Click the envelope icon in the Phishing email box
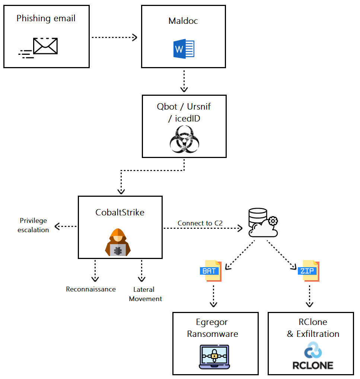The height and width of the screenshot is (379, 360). [x=45, y=46]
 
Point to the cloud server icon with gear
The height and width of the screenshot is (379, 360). [x=262, y=222]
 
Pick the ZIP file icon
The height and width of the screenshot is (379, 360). [x=308, y=271]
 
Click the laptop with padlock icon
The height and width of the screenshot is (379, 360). [x=214, y=357]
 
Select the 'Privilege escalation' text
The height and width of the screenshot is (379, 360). [x=34, y=225]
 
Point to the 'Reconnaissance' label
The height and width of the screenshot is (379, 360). [x=91, y=289]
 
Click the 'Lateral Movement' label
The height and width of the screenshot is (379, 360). [x=145, y=294]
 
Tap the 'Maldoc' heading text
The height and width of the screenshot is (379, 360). [x=183, y=21]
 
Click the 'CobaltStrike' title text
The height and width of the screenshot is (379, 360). [x=120, y=212]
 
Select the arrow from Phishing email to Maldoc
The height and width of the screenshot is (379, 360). [x=114, y=37]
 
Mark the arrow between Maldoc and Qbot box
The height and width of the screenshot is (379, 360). [x=184, y=81]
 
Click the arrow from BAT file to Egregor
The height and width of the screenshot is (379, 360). [x=213, y=296]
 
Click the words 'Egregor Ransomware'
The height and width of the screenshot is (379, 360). [x=212, y=328]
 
